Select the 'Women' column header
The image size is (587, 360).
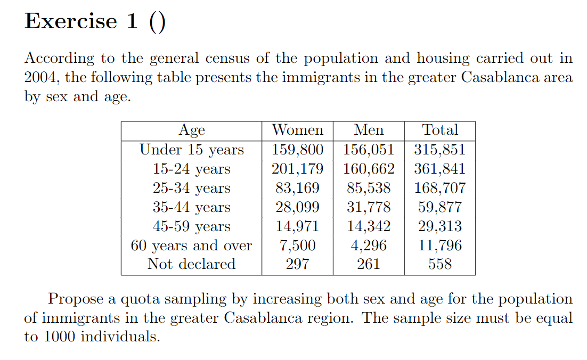(x=297, y=130)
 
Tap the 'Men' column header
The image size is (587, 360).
(x=369, y=130)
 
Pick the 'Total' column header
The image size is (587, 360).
(x=440, y=130)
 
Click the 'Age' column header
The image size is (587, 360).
(x=192, y=130)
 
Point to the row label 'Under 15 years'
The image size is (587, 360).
(x=192, y=150)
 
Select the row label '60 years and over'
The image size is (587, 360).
(x=192, y=246)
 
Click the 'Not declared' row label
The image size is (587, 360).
(x=192, y=264)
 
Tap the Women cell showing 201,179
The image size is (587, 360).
(x=297, y=169)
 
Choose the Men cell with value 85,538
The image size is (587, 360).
(x=369, y=188)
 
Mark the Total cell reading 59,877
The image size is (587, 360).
(x=440, y=207)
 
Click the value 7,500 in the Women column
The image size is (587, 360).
(x=297, y=246)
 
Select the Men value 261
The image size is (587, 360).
(x=369, y=264)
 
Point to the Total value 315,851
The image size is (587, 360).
(x=440, y=150)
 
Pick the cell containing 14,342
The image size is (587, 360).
(x=369, y=226)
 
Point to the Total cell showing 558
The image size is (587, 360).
(x=440, y=264)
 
